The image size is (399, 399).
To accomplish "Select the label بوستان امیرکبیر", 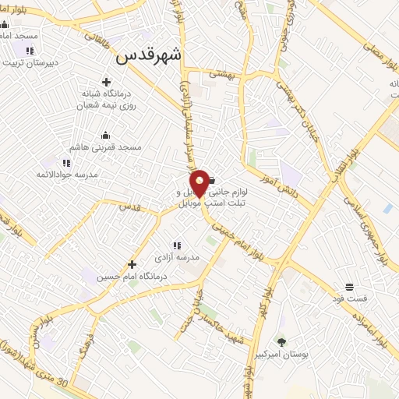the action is tap(305, 354).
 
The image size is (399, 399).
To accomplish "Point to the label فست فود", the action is tap(348, 298).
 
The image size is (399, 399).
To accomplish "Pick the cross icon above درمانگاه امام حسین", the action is tap(132, 264).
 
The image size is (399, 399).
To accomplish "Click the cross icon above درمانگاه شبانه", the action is tap(106, 81).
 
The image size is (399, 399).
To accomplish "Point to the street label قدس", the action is tap(129, 206).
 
